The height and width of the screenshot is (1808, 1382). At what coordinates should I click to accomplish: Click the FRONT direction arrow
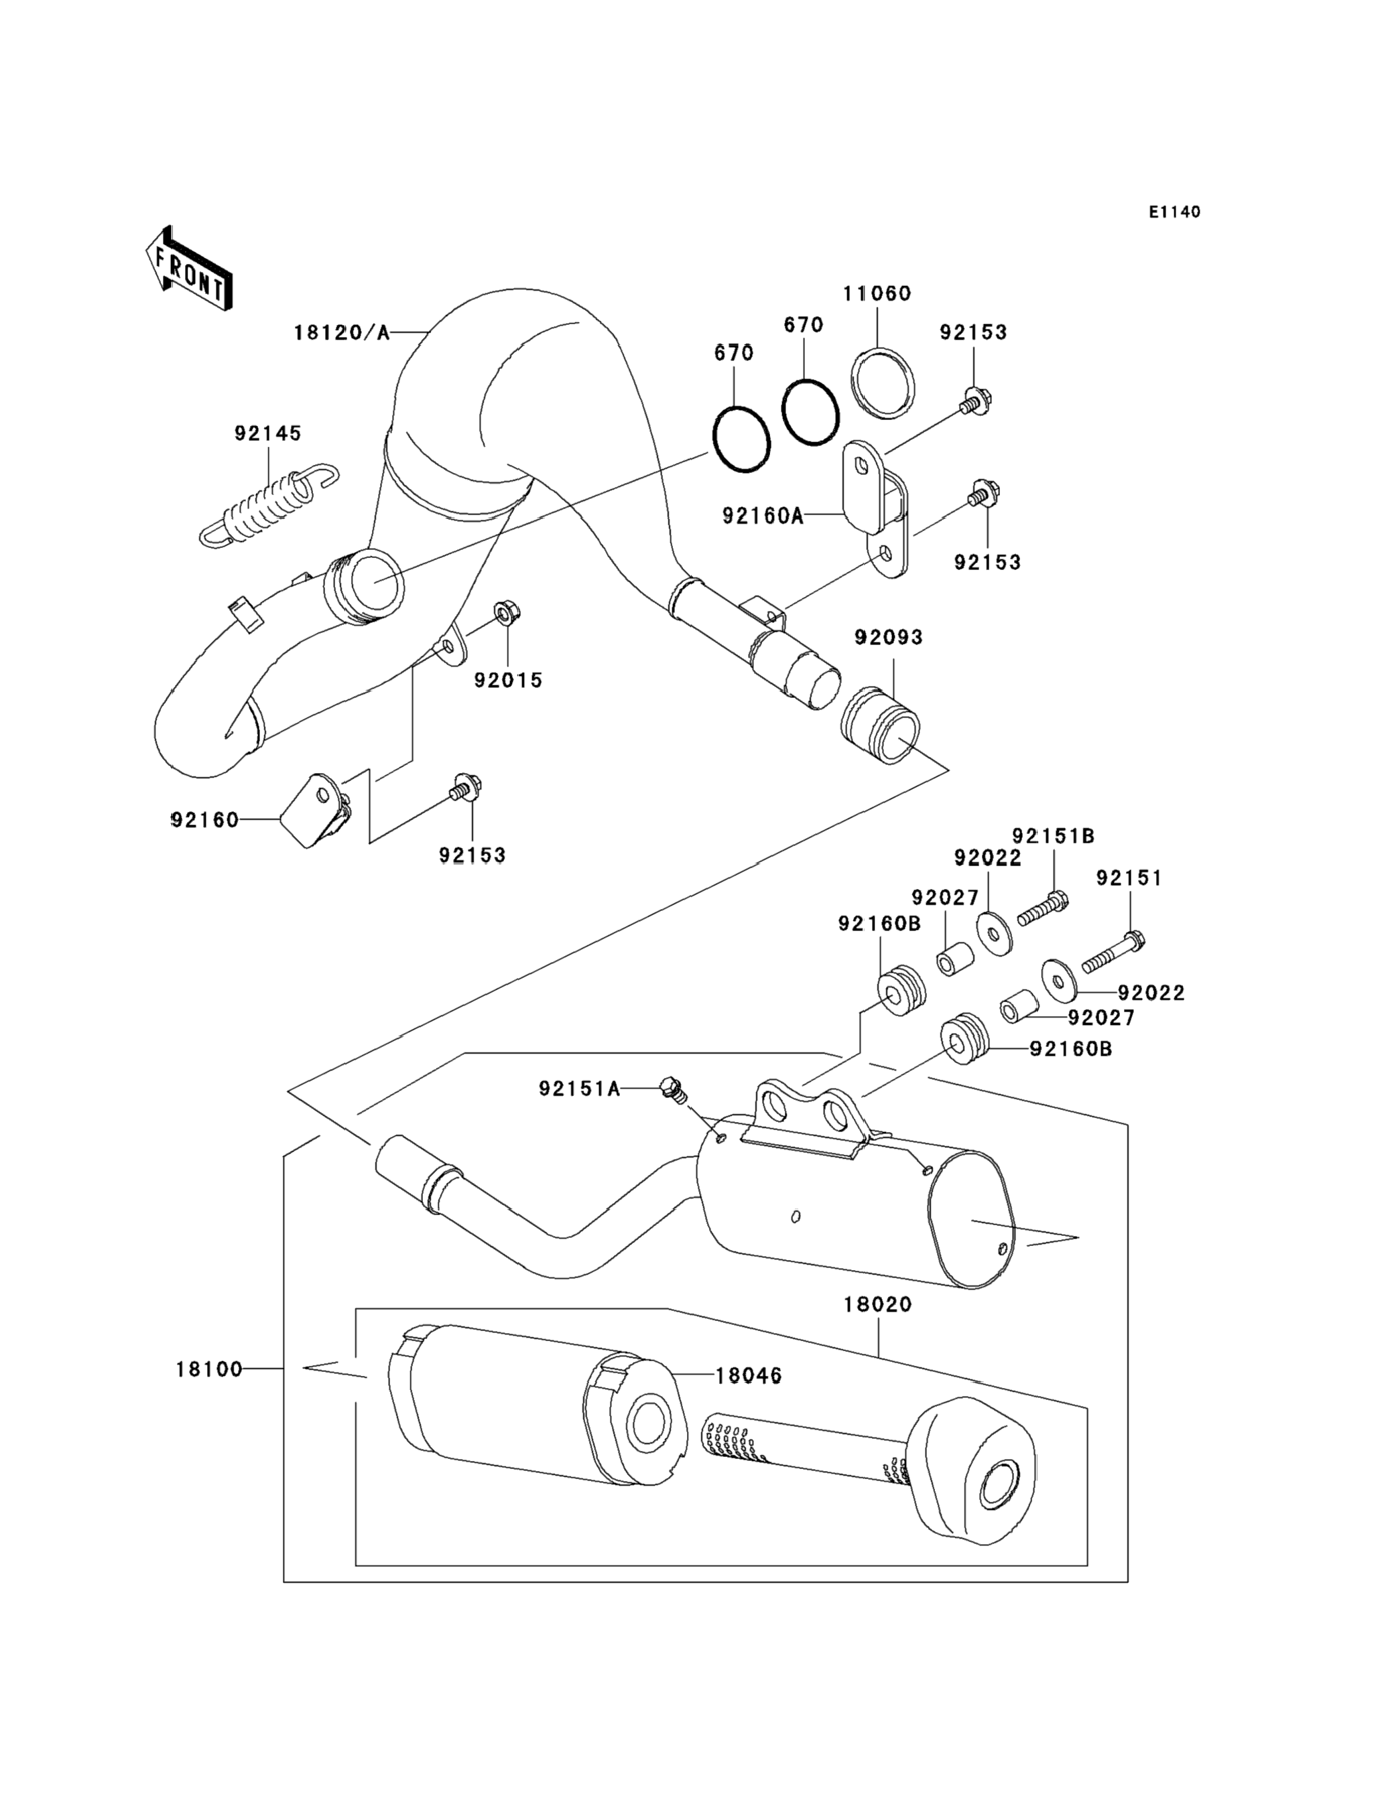(x=188, y=268)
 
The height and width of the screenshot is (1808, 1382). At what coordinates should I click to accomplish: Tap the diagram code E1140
(x=1175, y=212)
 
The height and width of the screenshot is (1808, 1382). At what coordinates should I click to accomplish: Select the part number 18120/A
(x=340, y=333)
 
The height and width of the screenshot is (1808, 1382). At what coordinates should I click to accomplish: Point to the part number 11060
(x=877, y=293)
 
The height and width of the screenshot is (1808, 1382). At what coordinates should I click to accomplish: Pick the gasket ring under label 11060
(x=882, y=383)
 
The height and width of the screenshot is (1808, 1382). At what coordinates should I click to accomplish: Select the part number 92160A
(x=762, y=516)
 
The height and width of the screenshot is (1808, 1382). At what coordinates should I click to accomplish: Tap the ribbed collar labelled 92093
(x=880, y=726)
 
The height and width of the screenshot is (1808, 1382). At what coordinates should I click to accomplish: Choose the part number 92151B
(x=1053, y=836)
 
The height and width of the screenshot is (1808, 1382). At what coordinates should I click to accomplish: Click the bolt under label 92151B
(x=1042, y=908)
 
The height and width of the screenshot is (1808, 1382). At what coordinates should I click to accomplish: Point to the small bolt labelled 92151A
(x=673, y=1091)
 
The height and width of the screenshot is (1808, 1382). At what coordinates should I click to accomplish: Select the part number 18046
(x=749, y=1375)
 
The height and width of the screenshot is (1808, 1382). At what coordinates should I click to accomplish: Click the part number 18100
(x=209, y=1369)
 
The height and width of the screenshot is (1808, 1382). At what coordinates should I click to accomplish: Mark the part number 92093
(x=889, y=637)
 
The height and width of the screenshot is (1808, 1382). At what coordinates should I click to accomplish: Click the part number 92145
(x=268, y=433)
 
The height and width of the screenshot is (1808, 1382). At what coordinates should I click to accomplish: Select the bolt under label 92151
(x=1113, y=951)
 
